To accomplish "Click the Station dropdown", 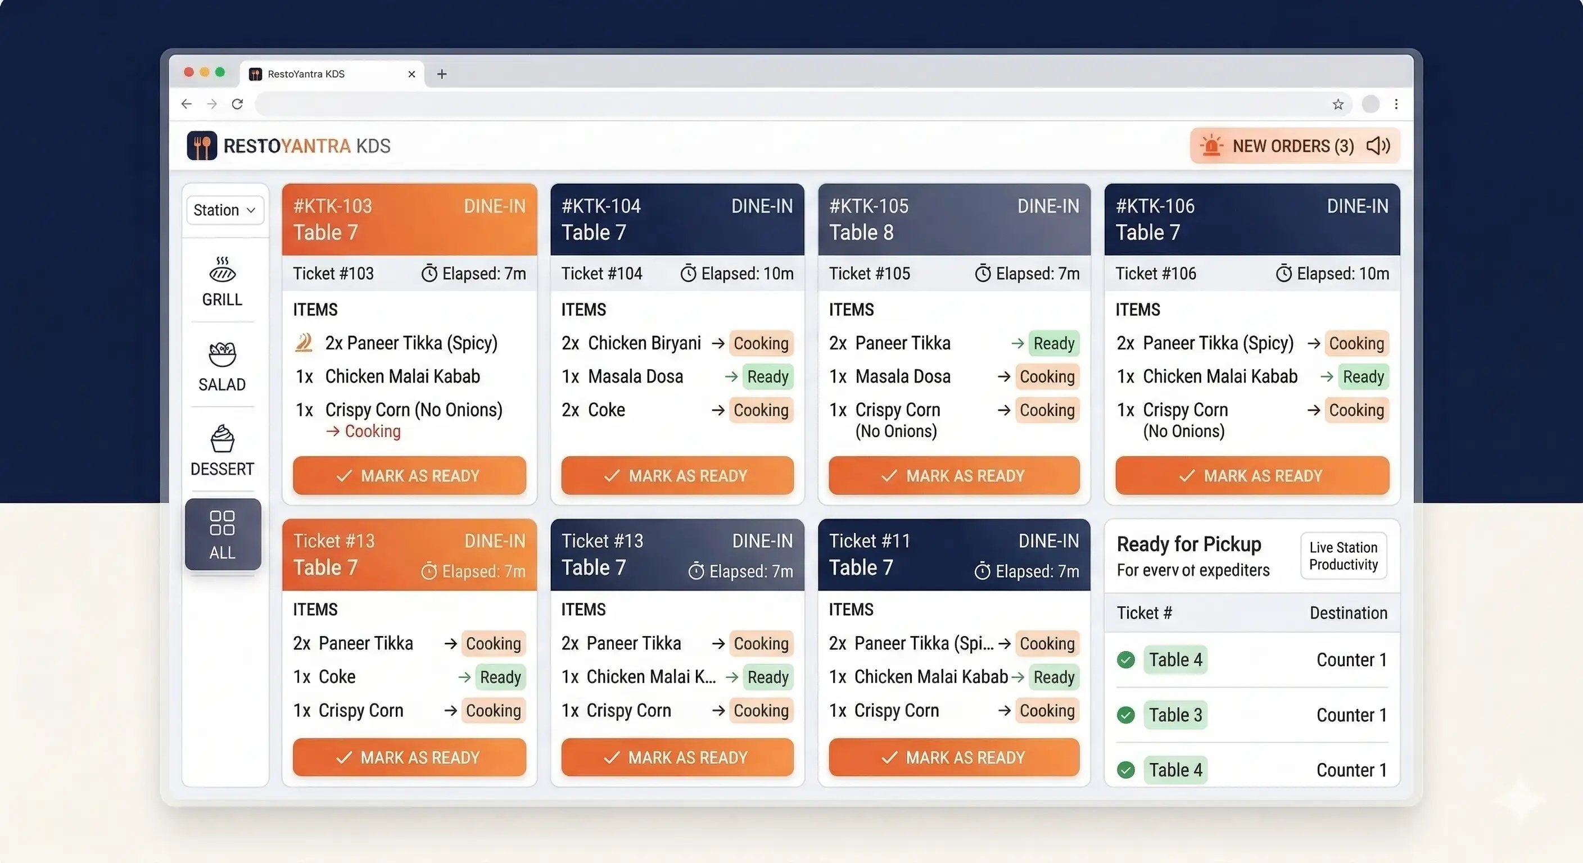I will tap(224, 210).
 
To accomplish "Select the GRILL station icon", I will tap(223, 270).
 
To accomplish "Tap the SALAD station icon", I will tap(223, 355).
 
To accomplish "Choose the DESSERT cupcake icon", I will tap(223, 439).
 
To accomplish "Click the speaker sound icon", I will tap(1378, 146).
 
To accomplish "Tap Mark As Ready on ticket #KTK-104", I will tap(677, 475).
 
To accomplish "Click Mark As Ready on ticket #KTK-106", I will tap(1252, 475).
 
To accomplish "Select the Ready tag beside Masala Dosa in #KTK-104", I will tap(767, 376).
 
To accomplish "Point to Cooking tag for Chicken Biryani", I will tap(761, 343).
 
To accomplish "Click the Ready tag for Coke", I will tap(500, 677).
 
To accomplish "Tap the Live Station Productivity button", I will tap(1344, 556).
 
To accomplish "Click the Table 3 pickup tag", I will tap(1175, 715).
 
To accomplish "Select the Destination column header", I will tap(1348, 612).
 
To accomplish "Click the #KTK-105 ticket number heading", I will tap(869, 206).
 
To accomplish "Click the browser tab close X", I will tap(411, 74).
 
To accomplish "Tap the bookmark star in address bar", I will tap(1338, 105).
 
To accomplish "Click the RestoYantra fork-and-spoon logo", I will tap(202, 146).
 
